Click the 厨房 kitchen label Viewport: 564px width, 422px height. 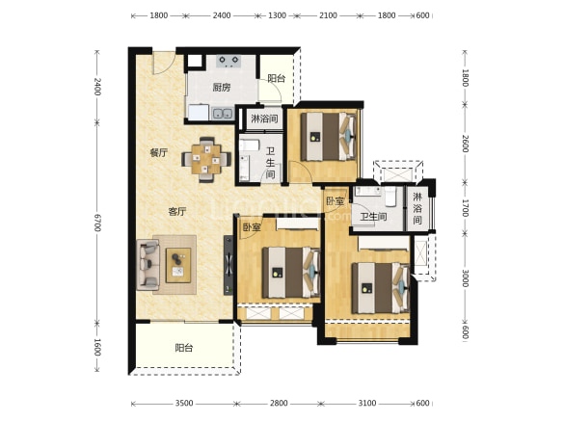pyautogui.click(x=222, y=88)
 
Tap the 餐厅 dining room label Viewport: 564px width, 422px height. pyautogui.click(x=159, y=153)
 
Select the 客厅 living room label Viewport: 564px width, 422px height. pyautogui.click(x=177, y=211)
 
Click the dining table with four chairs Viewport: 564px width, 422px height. pyautogui.click(x=206, y=159)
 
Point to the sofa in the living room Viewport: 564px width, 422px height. pyautogui.click(x=148, y=265)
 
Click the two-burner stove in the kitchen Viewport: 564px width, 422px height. pyautogui.click(x=228, y=62)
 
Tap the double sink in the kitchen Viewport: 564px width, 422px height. pyautogui.click(x=223, y=114)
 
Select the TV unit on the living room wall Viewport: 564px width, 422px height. pyautogui.click(x=228, y=265)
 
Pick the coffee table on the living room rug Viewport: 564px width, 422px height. pyautogui.click(x=178, y=265)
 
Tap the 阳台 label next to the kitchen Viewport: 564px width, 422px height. pyautogui.click(x=277, y=78)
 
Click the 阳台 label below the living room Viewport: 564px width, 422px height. pyautogui.click(x=184, y=348)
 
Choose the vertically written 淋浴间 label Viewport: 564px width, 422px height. pyautogui.click(x=417, y=208)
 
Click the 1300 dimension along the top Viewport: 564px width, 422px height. pyautogui.click(x=277, y=15)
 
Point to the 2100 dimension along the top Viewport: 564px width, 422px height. pyautogui.click(x=328, y=15)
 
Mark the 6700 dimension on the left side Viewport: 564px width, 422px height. pyautogui.click(x=97, y=223)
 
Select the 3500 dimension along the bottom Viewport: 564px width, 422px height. pyautogui.click(x=184, y=404)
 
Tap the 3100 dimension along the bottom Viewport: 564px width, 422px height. pyautogui.click(x=367, y=404)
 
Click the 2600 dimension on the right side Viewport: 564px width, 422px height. pyautogui.click(x=466, y=144)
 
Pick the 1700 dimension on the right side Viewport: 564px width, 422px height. pyautogui.click(x=466, y=208)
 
